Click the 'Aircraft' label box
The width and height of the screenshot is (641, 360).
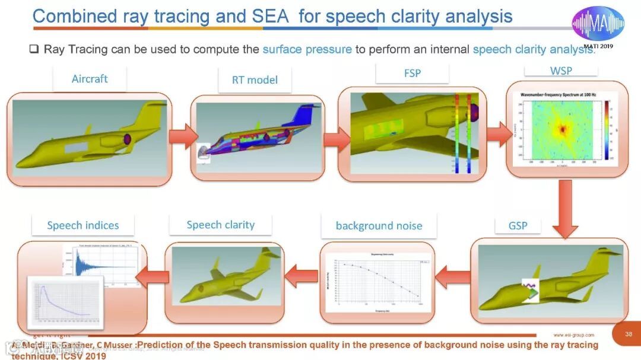point(90,79)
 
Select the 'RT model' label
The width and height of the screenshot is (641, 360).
point(255,79)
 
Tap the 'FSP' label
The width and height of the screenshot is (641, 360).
point(412,73)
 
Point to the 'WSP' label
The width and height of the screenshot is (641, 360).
point(561,71)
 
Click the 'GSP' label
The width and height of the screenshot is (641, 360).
point(518,225)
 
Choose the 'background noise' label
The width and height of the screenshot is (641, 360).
point(379,225)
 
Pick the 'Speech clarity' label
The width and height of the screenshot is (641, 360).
point(220,225)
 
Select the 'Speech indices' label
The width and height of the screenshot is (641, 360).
point(83,225)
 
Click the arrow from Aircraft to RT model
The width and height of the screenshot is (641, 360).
point(180,137)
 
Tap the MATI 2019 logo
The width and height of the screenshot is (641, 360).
point(598,25)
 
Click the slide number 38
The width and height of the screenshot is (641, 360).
point(629,334)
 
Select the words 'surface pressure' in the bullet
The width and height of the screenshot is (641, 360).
point(307,49)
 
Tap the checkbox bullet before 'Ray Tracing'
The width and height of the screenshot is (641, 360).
point(34,49)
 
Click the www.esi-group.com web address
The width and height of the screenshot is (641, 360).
point(573,335)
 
